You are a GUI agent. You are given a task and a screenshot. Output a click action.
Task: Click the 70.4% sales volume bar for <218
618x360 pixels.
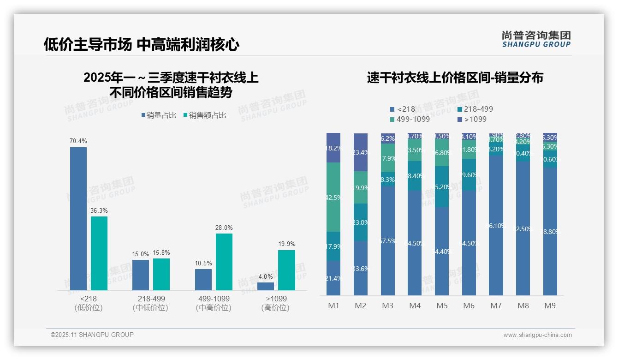point(78,219)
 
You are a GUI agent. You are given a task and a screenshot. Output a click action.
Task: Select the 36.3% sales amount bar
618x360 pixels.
point(99,253)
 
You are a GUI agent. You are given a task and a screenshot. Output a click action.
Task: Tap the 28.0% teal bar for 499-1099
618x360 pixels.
point(224,262)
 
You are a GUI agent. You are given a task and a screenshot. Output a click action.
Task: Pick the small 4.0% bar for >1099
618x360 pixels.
point(266,286)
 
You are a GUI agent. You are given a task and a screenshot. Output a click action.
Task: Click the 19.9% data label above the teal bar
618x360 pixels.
point(286,244)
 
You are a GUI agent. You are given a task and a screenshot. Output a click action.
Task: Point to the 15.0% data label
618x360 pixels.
point(141,254)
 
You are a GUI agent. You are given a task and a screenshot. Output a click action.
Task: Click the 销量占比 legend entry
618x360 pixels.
point(159,115)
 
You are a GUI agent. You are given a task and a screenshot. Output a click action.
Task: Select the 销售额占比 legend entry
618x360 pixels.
point(205,115)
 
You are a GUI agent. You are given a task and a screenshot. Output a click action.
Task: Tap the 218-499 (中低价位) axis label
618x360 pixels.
point(151,303)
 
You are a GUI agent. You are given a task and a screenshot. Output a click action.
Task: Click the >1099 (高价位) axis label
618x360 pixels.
point(275,303)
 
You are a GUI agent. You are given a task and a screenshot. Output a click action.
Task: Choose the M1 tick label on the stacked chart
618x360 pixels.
point(333,306)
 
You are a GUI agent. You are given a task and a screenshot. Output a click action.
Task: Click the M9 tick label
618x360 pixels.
point(550,306)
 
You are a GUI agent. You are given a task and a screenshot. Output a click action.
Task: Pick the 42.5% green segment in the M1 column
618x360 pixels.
point(333,197)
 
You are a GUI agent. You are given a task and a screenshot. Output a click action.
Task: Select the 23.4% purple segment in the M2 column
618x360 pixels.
point(361,152)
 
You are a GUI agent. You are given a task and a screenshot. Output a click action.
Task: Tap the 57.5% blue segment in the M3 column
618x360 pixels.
point(388,240)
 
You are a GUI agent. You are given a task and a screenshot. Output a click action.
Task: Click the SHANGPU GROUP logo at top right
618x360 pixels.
point(536,39)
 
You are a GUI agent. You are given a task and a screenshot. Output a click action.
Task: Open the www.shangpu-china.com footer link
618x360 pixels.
point(537,335)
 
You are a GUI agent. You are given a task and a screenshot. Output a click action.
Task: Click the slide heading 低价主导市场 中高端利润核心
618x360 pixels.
point(142,44)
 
